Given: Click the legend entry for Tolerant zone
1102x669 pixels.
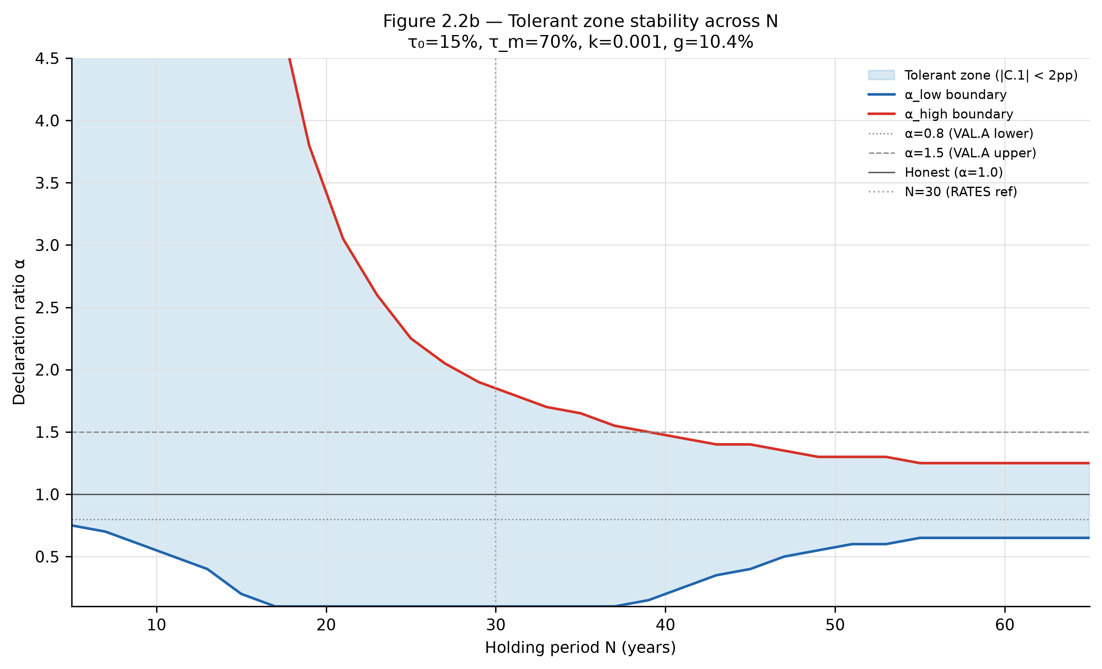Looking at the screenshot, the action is pos(973,75).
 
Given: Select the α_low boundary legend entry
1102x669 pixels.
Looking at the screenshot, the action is pos(937,94).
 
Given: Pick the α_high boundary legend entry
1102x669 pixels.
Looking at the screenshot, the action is pos(941,114).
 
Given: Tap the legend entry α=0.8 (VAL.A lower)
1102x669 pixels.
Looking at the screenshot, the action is pos(951,134).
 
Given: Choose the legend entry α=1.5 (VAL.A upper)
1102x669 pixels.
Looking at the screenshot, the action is pos(952,153).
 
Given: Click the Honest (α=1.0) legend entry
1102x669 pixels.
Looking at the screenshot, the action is pos(936,172).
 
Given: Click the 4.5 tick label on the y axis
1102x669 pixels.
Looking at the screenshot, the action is pos(47,59).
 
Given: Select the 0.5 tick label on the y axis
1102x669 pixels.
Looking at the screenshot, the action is pos(47,557).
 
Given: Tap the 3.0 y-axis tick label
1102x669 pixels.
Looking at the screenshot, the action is pos(47,245).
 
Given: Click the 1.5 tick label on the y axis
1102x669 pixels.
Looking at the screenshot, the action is pos(47,432).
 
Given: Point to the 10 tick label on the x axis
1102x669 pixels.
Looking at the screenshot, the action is pos(157,625).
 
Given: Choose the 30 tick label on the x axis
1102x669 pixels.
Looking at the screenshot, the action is pos(496,625).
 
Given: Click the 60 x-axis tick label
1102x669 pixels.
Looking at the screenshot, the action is pos(1005,625).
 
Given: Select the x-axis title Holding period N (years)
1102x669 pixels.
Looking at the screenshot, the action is pos(580,648).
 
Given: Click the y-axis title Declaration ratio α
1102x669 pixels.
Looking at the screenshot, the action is pos(19,332).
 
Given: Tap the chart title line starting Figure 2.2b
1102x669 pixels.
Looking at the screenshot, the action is pos(580,21).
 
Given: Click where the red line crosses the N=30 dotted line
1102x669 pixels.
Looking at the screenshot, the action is pos(496,388).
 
